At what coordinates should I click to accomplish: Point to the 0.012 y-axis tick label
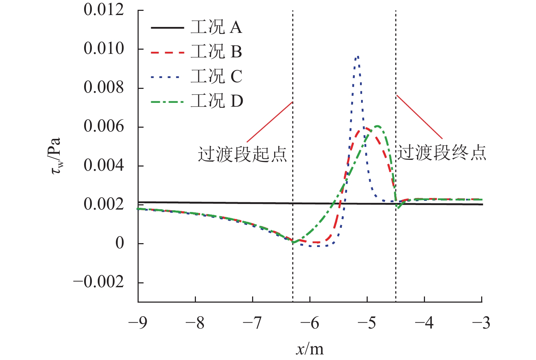(104, 10)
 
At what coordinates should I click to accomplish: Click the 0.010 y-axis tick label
(104, 49)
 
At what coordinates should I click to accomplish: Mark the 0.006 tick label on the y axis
(104, 127)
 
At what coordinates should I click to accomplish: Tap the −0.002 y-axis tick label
(98, 282)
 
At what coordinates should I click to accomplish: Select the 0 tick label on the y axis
(119, 243)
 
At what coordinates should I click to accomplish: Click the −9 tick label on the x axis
(138, 323)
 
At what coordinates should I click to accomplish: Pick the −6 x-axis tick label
(310, 323)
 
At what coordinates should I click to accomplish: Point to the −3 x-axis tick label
(481, 323)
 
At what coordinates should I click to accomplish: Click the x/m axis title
(310, 349)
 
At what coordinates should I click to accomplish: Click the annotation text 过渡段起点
(242, 154)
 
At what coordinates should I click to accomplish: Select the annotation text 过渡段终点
(441, 153)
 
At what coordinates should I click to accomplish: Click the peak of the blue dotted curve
(357, 56)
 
